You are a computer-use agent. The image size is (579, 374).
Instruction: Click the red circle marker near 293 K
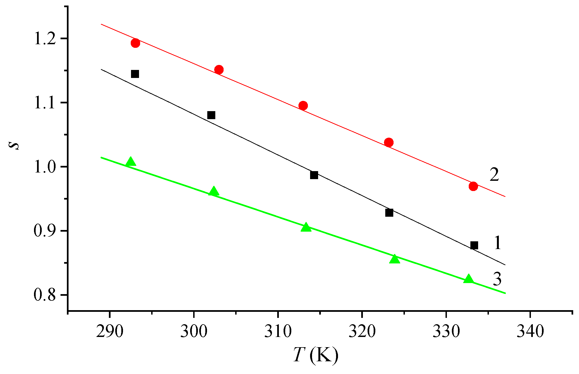pyautogui.click(x=135, y=43)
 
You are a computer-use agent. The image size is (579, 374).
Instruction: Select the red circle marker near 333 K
pyautogui.click(x=473, y=186)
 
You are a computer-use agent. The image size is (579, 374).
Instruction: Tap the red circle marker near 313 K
pyautogui.click(x=303, y=106)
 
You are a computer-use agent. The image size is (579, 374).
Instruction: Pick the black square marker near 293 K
pyautogui.click(x=135, y=74)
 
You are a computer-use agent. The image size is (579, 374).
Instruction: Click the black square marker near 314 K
pyautogui.click(x=314, y=175)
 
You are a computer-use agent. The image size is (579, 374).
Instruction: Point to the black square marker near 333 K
pyautogui.click(x=474, y=245)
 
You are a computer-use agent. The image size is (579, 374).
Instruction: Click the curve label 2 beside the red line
pyautogui.click(x=494, y=175)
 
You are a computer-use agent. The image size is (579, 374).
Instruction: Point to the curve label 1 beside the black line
pyautogui.click(x=497, y=243)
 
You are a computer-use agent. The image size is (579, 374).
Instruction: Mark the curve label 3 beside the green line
pyautogui.click(x=497, y=279)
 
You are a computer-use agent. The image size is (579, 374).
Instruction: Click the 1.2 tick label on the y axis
pyautogui.click(x=45, y=39)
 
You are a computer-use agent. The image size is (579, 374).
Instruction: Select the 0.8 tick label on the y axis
pyautogui.click(x=45, y=295)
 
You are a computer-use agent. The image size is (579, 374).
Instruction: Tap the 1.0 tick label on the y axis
pyautogui.click(x=45, y=167)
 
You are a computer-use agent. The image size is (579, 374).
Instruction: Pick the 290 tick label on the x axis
pyautogui.click(x=110, y=331)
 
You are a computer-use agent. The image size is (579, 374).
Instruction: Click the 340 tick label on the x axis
pyautogui.click(x=530, y=331)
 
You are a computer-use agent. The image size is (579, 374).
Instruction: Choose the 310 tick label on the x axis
pyautogui.click(x=278, y=331)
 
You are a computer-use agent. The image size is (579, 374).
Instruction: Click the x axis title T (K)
pyautogui.click(x=315, y=355)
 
